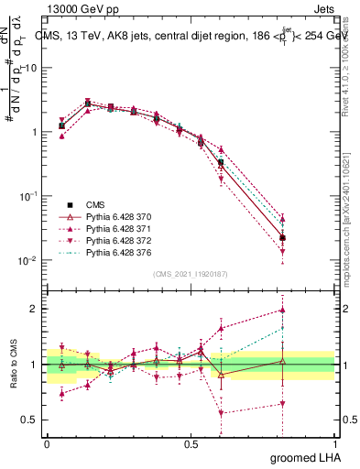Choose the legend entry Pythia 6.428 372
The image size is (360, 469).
[108, 240]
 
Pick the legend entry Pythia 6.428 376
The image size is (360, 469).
[108, 252]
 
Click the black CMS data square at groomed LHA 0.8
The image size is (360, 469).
[282, 238]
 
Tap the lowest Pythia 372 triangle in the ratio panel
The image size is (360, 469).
[221, 412]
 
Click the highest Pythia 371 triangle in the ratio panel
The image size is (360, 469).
[282, 310]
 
